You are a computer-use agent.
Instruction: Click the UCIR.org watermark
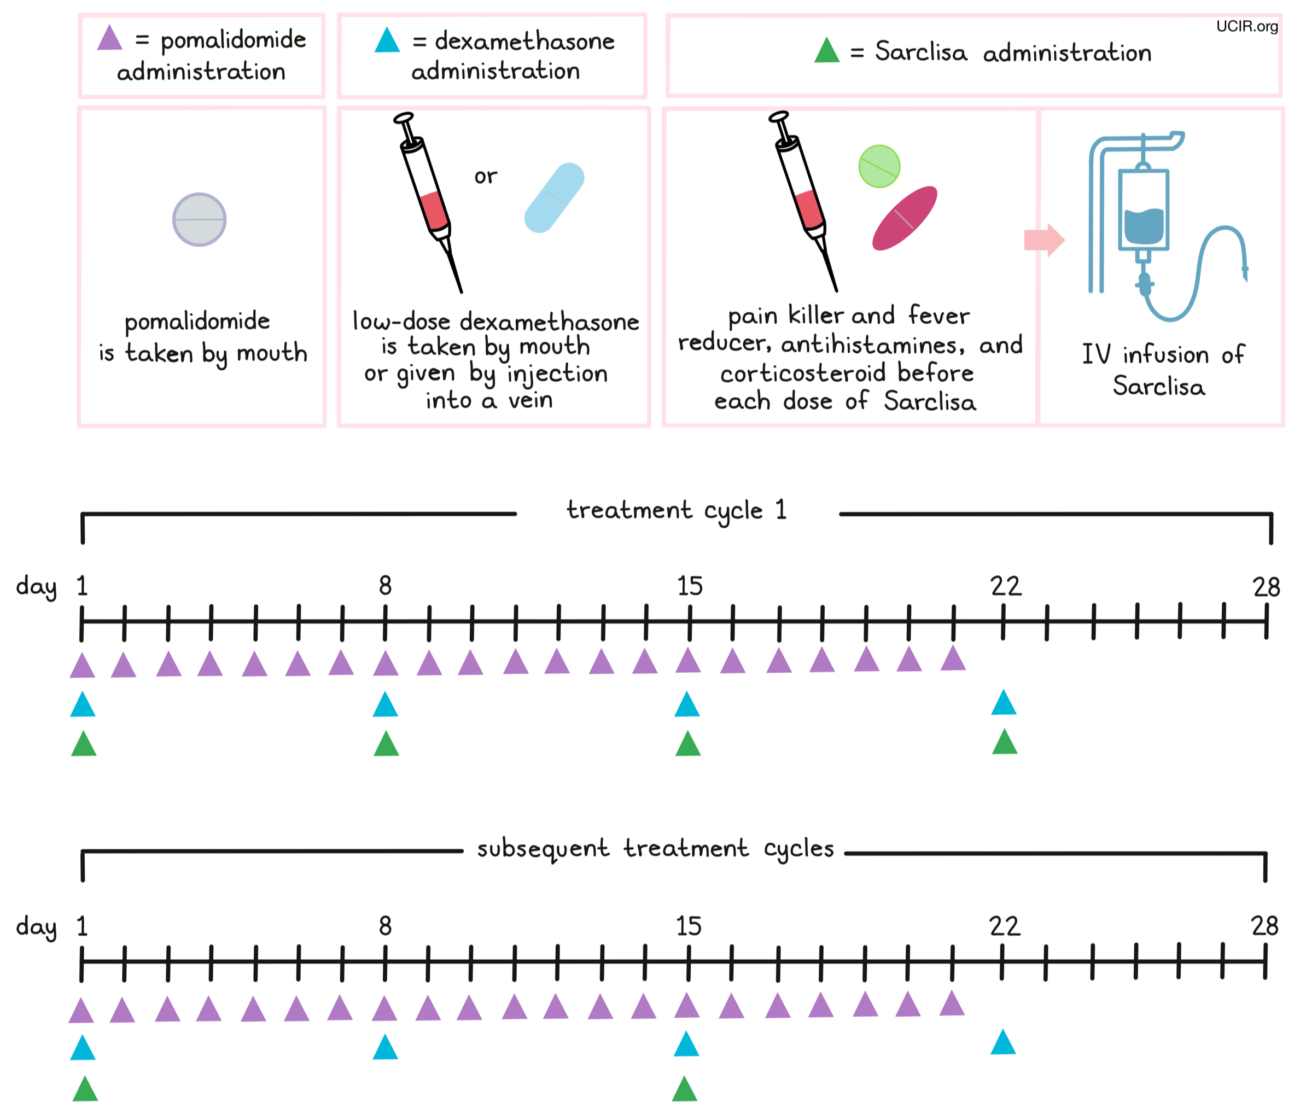tap(1246, 26)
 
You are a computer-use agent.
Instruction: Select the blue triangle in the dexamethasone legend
tap(387, 41)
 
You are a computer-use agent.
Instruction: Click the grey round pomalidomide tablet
tap(199, 219)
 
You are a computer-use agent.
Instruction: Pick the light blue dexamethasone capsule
tap(554, 198)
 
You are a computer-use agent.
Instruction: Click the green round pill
tap(879, 166)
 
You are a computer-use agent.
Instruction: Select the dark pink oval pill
tap(904, 218)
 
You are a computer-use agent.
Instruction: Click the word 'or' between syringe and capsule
tap(485, 177)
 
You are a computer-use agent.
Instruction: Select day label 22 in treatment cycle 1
tap(1005, 587)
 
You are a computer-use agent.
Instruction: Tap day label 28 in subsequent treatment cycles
tap(1264, 926)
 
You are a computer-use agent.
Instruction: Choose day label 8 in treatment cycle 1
tap(385, 586)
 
